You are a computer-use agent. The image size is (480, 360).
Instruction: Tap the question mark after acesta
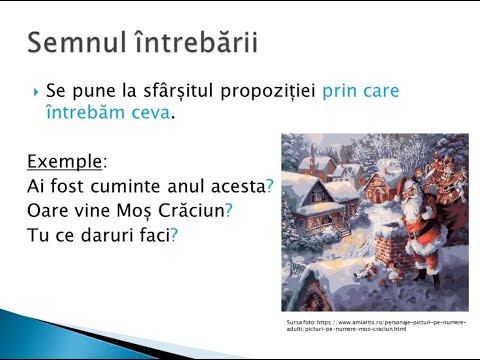[x=270, y=186]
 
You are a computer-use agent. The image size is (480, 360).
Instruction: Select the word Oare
[x=45, y=211]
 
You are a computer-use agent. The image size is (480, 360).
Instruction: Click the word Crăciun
[x=191, y=211]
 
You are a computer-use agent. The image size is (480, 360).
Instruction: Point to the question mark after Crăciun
[x=228, y=211]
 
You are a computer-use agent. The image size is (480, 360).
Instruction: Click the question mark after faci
[x=174, y=236]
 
